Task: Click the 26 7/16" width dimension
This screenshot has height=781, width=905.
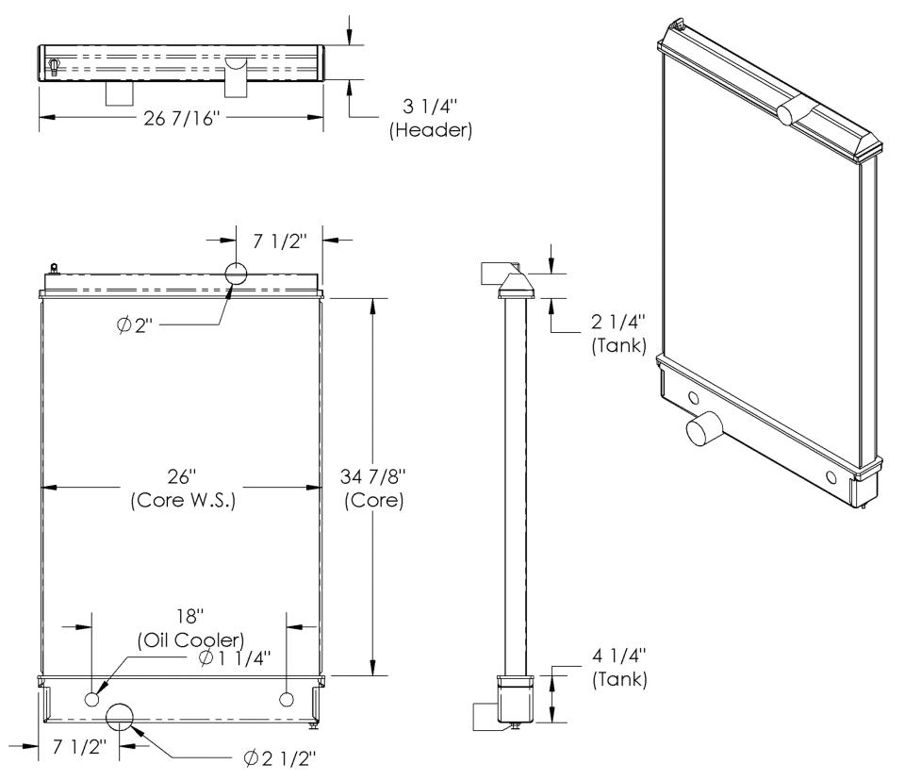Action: [182, 119]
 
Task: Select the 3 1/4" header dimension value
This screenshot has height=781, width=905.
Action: [430, 107]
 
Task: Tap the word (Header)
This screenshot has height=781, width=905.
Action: [431, 130]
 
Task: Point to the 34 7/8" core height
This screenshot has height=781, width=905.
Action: [373, 476]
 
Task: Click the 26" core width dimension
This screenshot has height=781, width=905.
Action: [182, 476]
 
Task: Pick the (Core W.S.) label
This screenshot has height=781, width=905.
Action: [183, 500]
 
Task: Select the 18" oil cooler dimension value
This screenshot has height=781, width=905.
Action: [189, 616]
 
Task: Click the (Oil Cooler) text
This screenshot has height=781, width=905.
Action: [191, 640]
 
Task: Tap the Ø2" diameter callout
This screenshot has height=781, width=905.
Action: [135, 325]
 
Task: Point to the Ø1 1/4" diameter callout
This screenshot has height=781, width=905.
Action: [235, 658]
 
